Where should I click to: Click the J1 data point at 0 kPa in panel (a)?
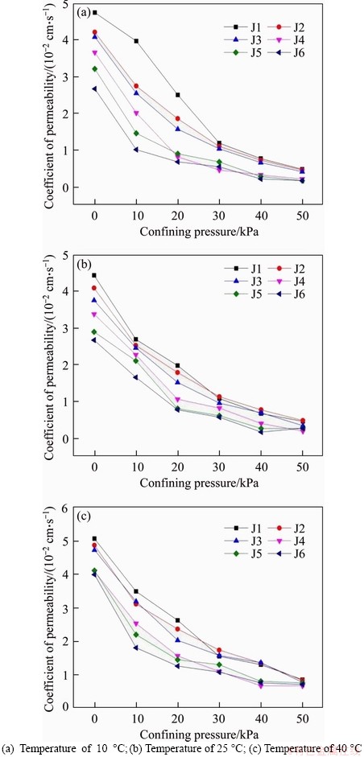tap(95, 13)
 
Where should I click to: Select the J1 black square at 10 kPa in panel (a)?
tap(136, 41)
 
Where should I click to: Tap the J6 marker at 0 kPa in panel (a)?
tap(95, 88)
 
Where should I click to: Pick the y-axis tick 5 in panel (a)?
tap(64, 4)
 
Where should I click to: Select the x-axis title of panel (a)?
tap(199, 231)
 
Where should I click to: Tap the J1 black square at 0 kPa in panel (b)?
tap(95, 275)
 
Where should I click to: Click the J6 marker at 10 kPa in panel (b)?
tap(136, 377)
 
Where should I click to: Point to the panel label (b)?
tap(83, 264)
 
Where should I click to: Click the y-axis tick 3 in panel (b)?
tap(64, 328)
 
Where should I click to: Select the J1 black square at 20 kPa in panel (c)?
tap(178, 620)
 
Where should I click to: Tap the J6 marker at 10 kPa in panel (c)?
tap(136, 648)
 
